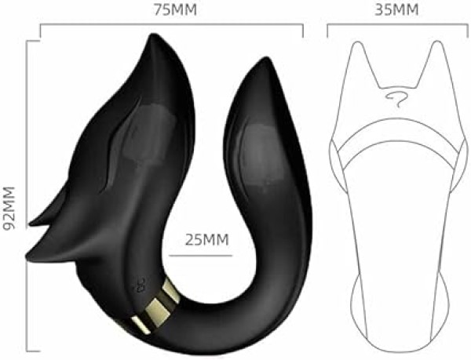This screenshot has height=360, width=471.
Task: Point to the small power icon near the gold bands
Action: (141, 282)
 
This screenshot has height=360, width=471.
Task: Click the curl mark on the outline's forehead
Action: (396, 98)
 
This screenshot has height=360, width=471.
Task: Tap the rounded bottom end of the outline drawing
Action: (396, 333)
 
